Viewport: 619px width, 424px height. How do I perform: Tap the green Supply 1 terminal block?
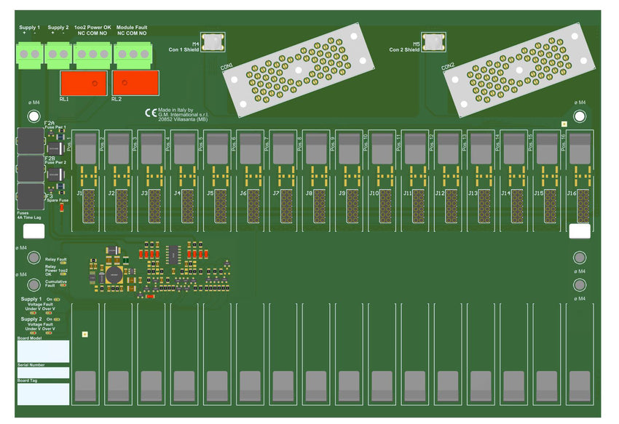click(x=30, y=54)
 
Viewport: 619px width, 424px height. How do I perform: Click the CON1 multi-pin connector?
click(x=300, y=71)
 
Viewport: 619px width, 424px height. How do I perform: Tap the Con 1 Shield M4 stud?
click(x=213, y=42)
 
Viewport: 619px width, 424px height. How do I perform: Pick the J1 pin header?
click(x=89, y=206)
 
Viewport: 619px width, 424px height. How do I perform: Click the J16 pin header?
click(x=583, y=206)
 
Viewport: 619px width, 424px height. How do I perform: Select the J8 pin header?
click(x=320, y=206)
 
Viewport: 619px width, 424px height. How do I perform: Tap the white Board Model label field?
click(x=43, y=351)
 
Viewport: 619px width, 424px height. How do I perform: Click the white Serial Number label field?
click(x=43, y=372)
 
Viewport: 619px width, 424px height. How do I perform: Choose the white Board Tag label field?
click(x=43, y=394)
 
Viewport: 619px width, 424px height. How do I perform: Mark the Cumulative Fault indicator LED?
click(x=63, y=284)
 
